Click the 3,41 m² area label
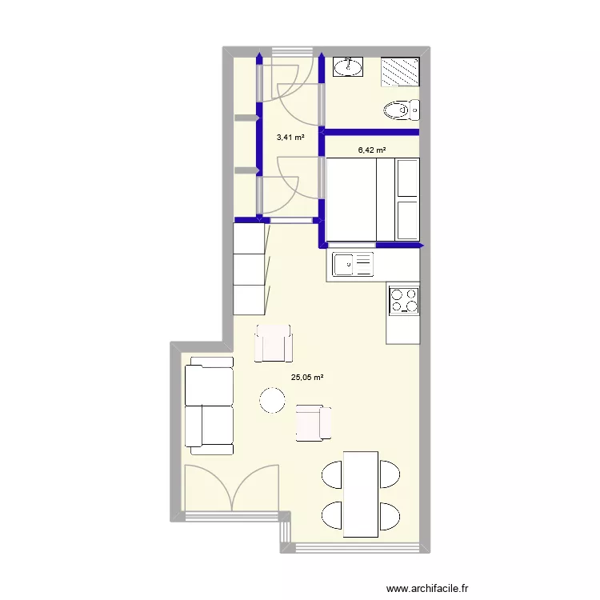point(290,138)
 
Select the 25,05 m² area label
point(306,378)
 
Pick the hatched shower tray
point(401,70)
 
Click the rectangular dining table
point(360,493)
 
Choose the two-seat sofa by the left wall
point(209,405)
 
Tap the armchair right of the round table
point(313,422)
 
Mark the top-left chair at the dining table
point(333,474)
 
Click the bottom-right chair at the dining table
point(389,516)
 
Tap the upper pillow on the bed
point(408,178)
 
